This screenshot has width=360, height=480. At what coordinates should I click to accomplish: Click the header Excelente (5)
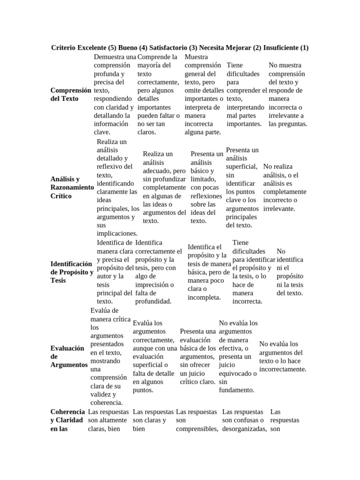(98, 48)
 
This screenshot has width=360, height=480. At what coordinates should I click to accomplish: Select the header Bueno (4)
(133, 48)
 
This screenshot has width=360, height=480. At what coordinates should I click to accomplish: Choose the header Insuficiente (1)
(286, 48)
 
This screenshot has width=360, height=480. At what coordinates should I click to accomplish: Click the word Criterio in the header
(65, 48)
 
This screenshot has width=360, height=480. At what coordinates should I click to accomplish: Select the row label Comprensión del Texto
(70, 95)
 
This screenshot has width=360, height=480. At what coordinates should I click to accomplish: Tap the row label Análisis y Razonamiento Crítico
(71, 187)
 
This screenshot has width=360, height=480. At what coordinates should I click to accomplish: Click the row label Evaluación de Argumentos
(68, 356)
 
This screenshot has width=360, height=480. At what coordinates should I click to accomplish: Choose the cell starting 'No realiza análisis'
(285, 187)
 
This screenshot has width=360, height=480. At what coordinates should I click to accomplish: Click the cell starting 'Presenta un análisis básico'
(207, 187)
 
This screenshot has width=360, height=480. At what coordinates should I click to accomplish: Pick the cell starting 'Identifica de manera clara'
(115, 272)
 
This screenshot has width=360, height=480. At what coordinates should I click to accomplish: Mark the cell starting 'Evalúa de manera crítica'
(110, 356)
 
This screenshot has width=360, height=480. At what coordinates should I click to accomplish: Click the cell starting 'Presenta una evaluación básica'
(198, 356)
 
